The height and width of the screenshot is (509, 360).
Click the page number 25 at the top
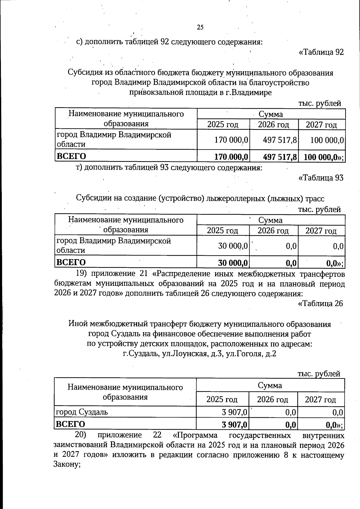click(200, 28)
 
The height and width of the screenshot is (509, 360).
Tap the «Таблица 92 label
click(321, 52)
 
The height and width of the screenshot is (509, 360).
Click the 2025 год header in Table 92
click(223, 124)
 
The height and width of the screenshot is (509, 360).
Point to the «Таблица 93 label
click(321, 178)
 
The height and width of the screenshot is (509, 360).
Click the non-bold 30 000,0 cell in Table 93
click(233, 246)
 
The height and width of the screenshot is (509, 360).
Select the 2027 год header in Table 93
click(321, 231)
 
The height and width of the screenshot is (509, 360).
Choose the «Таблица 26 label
click(320, 304)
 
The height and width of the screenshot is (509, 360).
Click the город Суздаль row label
click(82, 412)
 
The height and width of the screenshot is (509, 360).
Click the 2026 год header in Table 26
click(272, 400)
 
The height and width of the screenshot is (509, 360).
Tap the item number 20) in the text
click(80, 435)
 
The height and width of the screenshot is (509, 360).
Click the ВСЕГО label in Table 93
click(71, 262)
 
